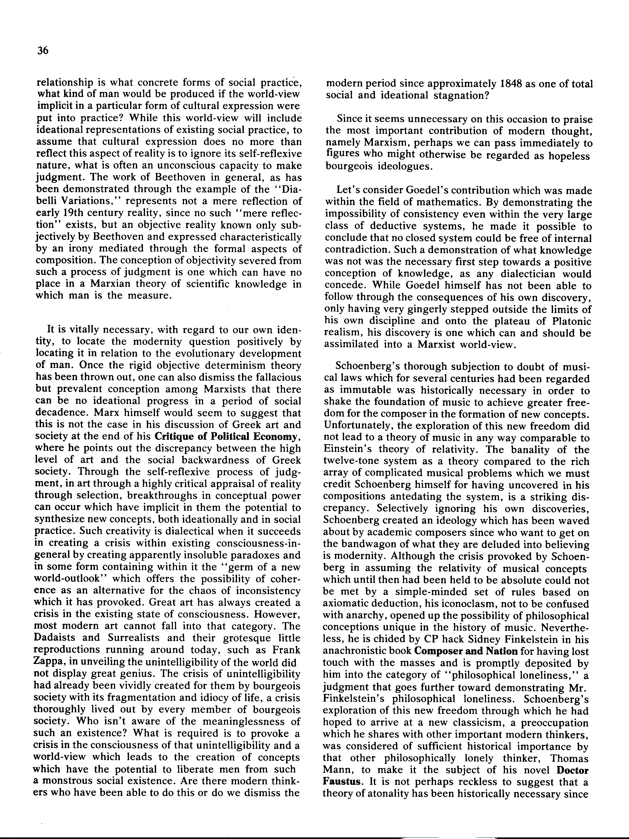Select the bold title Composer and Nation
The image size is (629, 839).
[x=466, y=651]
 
